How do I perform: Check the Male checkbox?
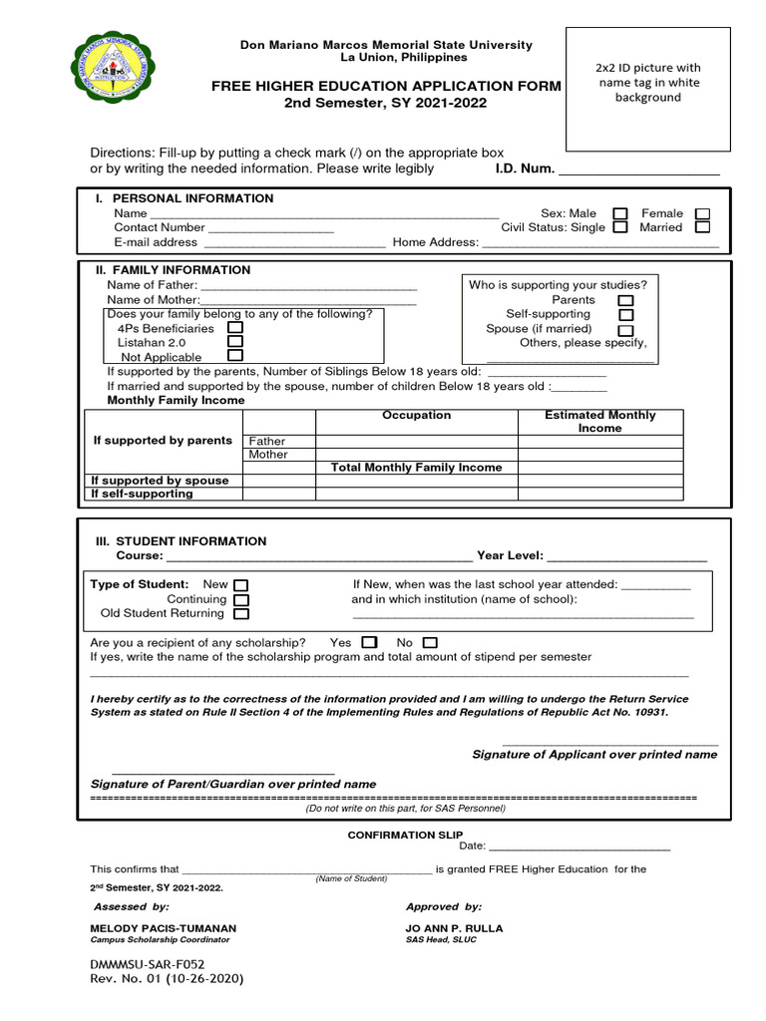[x=620, y=213]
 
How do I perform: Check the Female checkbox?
[x=702, y=213]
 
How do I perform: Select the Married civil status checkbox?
[x=702, y=227]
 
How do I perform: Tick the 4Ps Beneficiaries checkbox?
[x=235, y=327]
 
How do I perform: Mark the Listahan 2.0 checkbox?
[x=235, y=341]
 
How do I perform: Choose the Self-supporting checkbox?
[x=625, y=315]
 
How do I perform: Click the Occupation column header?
[x=416, y=416]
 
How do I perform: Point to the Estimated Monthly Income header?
[x=600, y=422]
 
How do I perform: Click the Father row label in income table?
[x=267, y=441]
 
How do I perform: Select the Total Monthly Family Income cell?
[x=416, y=468]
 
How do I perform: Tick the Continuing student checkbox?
[x=240, y=600]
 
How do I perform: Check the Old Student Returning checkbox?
[x=240, y=614]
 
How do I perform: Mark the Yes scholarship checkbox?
[x=369, y=643]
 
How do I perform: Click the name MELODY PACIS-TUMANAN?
[x=164, y=928]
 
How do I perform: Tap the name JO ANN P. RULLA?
[x=454, y=928]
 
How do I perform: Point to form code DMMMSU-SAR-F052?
[x=148, y=965]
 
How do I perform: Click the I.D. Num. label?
[x=525, y=169]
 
